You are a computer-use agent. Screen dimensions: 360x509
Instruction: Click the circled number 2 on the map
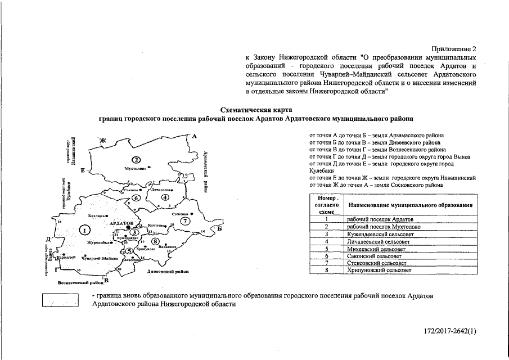point(135,159)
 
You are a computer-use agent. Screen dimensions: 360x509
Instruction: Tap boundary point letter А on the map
point(193,136)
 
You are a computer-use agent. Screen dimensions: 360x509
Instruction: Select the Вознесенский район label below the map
point(82,281)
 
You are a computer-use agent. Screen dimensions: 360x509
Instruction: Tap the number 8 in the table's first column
point(326,270)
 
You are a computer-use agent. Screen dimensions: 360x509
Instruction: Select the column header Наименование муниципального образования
point(409,205)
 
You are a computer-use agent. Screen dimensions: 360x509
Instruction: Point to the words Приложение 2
point(454,49)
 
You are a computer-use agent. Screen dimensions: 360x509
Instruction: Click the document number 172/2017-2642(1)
point(450,331)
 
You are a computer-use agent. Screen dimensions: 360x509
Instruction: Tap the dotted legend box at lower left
point(60,301)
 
